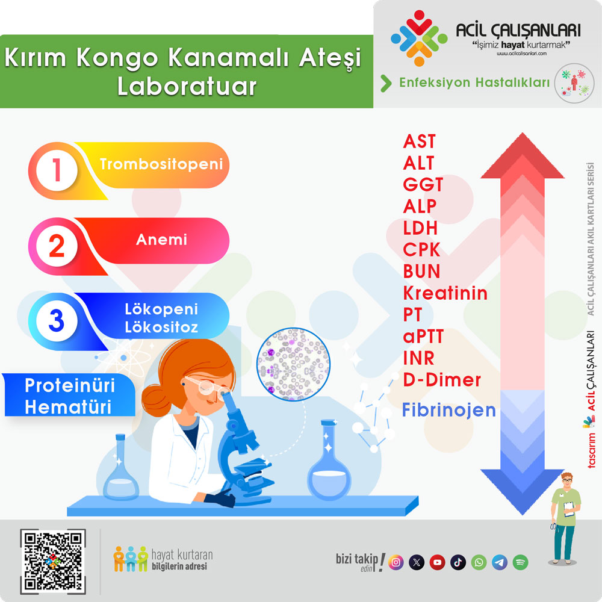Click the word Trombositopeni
click(161, 164)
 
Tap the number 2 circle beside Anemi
click(57, 246)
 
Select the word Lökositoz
click(161, 327)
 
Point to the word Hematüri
click(68, 407)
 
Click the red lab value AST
click(419, 141)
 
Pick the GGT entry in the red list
click(423, 185)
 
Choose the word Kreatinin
click(445, 293)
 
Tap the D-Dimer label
click(442, 380)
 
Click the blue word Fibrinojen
click(449, 410)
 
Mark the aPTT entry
click(423, 337)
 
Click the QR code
click(53, 561)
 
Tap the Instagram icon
click(396, 562)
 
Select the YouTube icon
click(437, 562)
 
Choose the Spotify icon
click(520, 562)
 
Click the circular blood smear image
click(293, 364)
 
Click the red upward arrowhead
click(523, 156)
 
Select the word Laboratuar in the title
click(187, 86)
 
